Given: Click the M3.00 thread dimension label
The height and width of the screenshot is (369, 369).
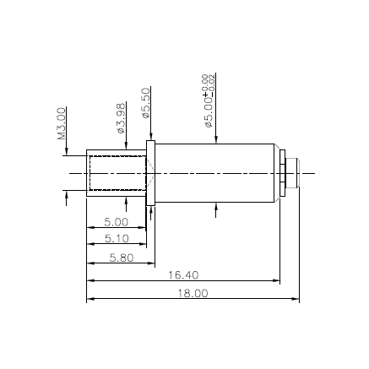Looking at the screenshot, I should [62, 122].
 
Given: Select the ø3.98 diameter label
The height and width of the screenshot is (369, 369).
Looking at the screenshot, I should [121, 118].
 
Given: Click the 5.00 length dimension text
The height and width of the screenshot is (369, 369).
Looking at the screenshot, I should [116, 222].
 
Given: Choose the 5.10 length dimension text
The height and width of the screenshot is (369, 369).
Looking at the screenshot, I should [117, 239].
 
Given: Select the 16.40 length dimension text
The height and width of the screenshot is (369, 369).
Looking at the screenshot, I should [182, 275].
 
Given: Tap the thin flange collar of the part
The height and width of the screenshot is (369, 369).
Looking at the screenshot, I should [151, 172].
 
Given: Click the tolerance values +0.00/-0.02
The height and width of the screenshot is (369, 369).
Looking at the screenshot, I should [209, 82].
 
